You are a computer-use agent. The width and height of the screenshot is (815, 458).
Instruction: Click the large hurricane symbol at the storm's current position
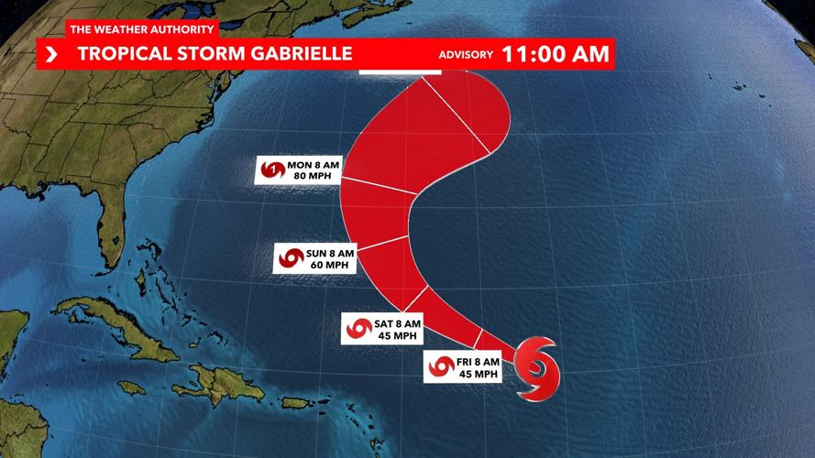point(536,366)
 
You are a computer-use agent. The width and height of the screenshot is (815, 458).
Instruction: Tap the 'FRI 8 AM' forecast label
point(477,362)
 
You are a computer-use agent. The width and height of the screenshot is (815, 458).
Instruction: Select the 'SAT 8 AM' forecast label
point(397,323)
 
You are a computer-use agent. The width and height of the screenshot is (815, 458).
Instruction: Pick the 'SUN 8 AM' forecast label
point(329,253)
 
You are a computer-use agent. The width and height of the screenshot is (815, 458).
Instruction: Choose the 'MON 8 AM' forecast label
point(314,164)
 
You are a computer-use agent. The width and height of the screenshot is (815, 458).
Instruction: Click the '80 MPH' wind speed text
point(314,175)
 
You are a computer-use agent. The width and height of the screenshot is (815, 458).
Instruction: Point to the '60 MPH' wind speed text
point(329,265)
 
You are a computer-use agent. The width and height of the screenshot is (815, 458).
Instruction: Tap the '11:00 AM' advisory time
point(555,54)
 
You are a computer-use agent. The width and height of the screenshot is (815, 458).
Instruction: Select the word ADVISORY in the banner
point(466,55)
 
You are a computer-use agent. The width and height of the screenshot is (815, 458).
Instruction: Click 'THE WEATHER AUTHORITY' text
point(142,29)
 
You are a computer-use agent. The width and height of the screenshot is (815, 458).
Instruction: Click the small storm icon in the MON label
point(273,170)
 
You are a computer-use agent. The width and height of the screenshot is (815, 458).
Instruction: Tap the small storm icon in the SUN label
point(292,258)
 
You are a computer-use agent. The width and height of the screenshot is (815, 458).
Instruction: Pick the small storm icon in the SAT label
point(358,329)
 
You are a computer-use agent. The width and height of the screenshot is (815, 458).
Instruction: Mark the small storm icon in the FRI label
point(441,367)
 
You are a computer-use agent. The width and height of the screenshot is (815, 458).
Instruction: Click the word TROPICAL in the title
point(119,53)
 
